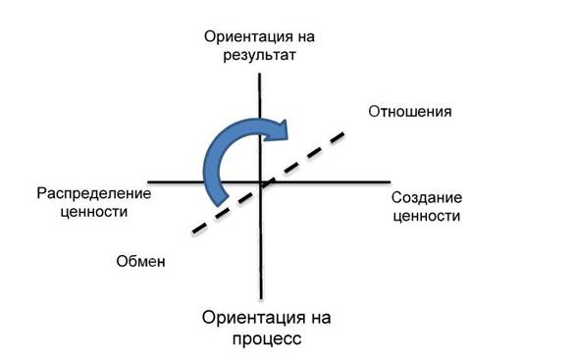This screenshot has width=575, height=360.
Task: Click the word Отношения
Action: (410, 112)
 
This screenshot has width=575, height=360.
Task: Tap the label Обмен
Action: (141, 261)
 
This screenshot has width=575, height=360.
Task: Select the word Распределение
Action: (94, 194)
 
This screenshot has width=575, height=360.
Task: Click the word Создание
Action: (427, 198)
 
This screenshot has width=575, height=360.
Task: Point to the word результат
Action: (259, 55)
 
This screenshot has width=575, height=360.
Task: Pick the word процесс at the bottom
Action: (267, 338)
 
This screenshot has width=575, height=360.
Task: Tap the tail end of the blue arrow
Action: (222, 201)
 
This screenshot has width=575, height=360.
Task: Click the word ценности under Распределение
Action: (94, 212)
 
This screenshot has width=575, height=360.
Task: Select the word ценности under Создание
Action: (427, 216)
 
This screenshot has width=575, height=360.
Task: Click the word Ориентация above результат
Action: (243, 37)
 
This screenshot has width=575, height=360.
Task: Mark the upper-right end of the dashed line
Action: (343, 133)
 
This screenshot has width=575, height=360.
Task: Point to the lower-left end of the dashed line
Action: (193, 232)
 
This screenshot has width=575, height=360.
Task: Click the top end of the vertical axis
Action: (260, 74)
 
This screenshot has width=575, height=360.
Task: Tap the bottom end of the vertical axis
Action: (261, 299)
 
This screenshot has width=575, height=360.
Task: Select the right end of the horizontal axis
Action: (391, 181)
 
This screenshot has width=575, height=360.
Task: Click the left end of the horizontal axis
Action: (148, 181)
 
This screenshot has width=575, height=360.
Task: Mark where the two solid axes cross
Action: (260, 181)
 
